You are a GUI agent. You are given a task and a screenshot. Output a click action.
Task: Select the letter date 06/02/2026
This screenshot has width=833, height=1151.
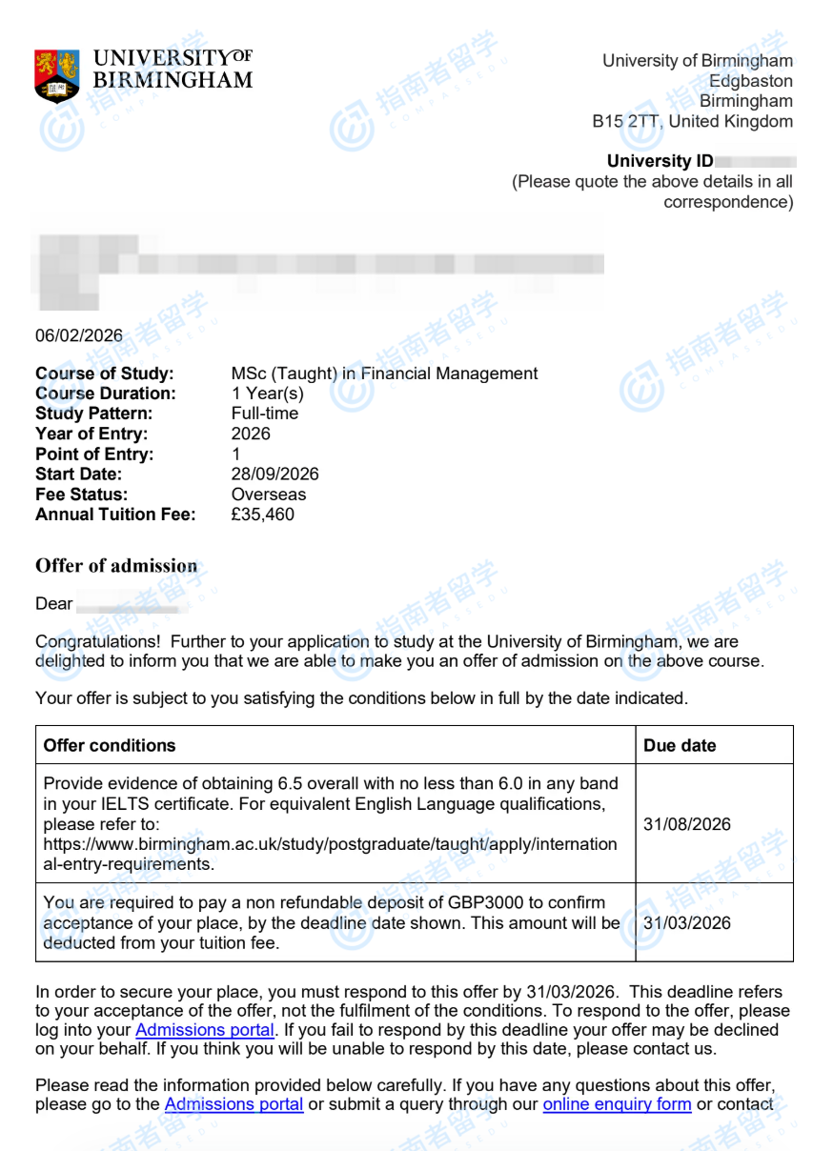(79, 335)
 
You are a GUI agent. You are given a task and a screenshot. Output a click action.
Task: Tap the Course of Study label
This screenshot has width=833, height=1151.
(104, 374)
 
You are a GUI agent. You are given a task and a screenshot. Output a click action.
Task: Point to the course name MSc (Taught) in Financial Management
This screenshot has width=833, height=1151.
(384, 374)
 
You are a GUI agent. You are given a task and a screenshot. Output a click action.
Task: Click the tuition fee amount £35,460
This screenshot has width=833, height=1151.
(262, 515)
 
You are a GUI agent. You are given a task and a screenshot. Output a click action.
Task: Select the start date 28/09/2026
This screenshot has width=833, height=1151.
(274, 475)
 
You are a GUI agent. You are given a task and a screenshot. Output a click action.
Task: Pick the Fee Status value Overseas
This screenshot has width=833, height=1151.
(269, 495)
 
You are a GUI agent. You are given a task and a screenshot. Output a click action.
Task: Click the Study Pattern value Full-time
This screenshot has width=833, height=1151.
(264, 414)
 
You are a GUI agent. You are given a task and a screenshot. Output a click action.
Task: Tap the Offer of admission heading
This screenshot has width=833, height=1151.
(116, 566)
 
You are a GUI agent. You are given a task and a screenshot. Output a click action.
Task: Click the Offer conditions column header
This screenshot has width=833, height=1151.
(110, 745)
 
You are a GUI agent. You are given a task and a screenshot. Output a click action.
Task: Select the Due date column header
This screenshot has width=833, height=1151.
(680, 745)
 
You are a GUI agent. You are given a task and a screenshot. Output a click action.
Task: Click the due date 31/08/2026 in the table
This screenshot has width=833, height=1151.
(687, 824)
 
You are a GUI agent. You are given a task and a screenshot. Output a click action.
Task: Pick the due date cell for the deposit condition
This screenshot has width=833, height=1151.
(687, 923)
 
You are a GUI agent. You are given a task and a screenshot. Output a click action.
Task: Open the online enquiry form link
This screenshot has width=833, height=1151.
(617, 1104)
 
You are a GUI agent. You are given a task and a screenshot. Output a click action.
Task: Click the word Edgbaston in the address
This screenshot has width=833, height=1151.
(750, 81)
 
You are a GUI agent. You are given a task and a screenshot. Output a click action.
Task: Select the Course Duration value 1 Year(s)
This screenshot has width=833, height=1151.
(267, 394)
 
